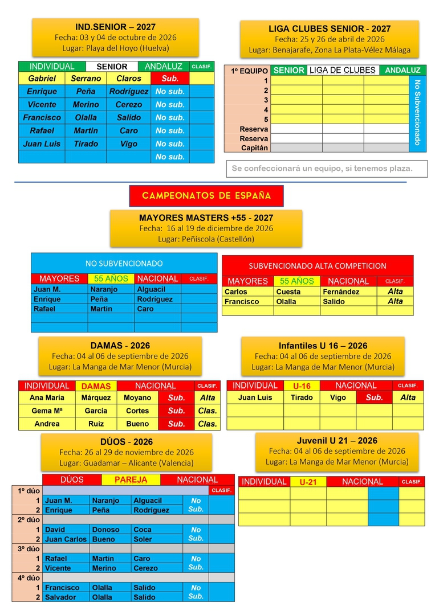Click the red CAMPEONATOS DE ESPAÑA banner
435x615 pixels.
(x=206, y=196)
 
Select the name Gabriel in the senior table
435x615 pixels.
(x=42, y=79)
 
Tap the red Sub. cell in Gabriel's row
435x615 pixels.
(x=170, y=79)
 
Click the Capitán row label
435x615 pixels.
(x=255, y=148)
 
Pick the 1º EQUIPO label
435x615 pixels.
(x=249, y=71)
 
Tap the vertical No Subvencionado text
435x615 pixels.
(x=417, y=112)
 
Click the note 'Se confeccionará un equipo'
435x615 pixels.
(x=322, y=169)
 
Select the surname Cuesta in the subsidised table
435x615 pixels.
(x=288, y=292)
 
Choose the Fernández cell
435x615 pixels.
(x=341, y=292)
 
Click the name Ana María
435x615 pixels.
(x=47, y=397)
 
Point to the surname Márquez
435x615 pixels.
(x=96, y=397)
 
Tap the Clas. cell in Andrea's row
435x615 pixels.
(x=208, y=424)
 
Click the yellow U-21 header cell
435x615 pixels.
(x=308, y=482)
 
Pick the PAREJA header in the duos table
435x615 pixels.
(x=131, y=480)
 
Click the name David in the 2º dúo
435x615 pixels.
(x=55, y=530)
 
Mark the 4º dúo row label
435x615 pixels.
(x=27, y=578)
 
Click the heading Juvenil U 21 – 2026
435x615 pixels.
(x=337, y=441)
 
